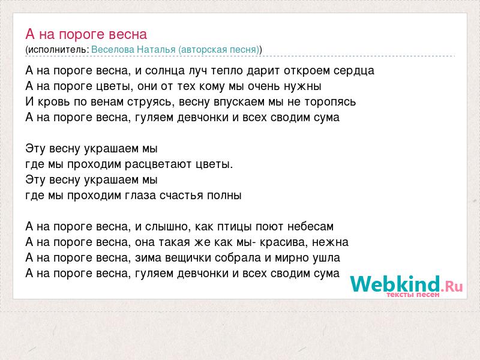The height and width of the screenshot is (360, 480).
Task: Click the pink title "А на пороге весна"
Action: pyautogui.click(x=86, y=34)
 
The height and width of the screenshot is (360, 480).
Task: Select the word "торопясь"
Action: pyautogui.click(x=330, y=102)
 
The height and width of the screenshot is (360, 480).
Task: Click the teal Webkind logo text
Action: pyautogui.click(x=395, y=283)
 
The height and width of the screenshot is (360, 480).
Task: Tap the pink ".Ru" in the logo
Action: pyautogui.click(x=452, y=286)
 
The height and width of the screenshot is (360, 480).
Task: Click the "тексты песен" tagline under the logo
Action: pyautogui.click(x=413, y=295)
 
